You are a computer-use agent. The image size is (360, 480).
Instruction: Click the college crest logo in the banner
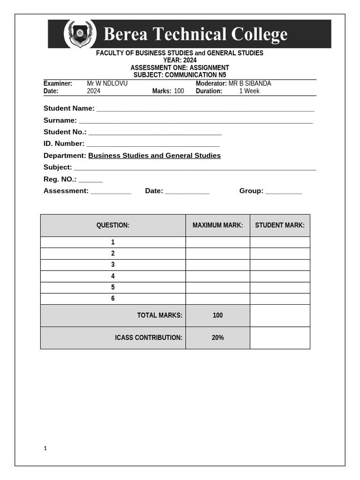click(80, 34)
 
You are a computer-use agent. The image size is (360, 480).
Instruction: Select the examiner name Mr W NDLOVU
click(107, 83)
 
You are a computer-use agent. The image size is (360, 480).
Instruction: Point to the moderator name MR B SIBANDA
click(249, 83)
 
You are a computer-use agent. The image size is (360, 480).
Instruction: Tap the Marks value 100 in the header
click(179, 91)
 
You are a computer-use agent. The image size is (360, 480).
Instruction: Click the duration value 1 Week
click(249, 91)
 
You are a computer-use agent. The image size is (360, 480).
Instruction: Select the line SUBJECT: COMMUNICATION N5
click(180, 75)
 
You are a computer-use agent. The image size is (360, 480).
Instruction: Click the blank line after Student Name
click(205, 110)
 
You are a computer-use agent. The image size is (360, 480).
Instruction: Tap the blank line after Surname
click(195, 121)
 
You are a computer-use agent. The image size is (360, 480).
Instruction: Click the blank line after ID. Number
click(153, 145)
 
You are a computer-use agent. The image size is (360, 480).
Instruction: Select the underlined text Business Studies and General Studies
click(154, 156)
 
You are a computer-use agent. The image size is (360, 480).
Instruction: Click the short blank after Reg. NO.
click(90, 180)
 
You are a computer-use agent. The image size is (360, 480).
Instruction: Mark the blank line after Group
click(284, 192)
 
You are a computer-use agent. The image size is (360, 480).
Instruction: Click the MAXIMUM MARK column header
click(217, 225)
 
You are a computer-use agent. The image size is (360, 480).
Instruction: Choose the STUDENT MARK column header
click(279, 225)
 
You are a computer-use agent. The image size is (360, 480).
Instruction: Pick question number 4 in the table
click(113, 276)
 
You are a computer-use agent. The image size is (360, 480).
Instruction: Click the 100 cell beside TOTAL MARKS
click(217, 315)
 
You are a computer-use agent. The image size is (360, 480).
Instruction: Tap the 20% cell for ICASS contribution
click(217, 337)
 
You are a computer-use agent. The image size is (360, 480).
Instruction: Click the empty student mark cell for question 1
click(279, 242)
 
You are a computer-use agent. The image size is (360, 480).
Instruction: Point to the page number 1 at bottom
click(45, 448)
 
